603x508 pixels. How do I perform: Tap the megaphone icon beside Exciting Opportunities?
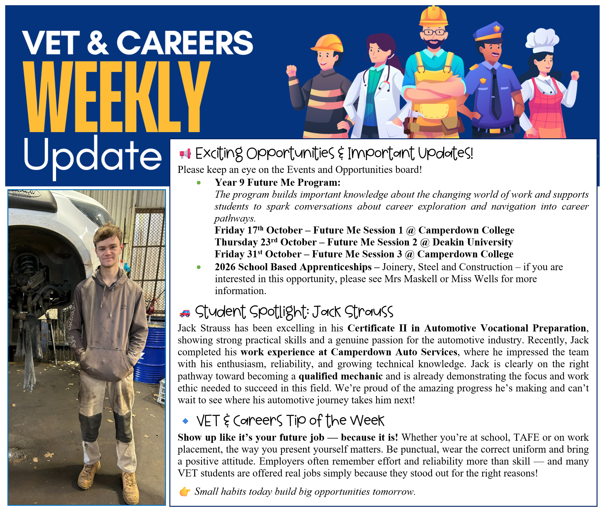pyautogui.click(x=185, y=154)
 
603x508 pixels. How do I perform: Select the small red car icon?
pyautogui.click(x=185, y=313)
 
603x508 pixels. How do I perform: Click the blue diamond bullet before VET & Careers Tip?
pyautogui.click(x=185, y=421)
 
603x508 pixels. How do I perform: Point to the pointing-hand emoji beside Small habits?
pyautogui.click(x=185, y=492)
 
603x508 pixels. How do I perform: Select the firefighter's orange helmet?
pyautogui.click(x=327, y=43)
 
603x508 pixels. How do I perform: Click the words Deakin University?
pyautogui.click(x=473, y=242)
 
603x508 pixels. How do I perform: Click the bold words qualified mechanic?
pyautogui.click(x=341, y=376)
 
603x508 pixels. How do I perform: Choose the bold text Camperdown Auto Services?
pyautogui.click(x=394, y=352)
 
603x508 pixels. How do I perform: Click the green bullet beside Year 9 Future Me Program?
pyautogui.click(x=199, y=183)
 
